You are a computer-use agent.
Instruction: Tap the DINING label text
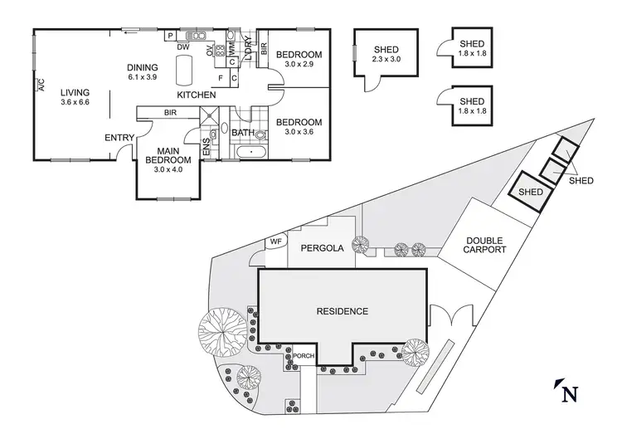(x=143, y=68)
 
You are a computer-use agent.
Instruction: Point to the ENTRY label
(x=119, y=138)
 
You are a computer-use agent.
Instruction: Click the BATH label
(x=243, y=133)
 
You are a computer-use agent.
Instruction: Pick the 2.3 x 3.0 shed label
(x=386, y=60)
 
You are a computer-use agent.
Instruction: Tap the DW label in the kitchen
(x=182, y=47)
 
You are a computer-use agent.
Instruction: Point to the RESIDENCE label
(x=342, y=311)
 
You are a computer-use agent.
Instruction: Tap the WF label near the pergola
(x=275, y=242)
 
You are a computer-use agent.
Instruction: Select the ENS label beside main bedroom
(x=207, y=147)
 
